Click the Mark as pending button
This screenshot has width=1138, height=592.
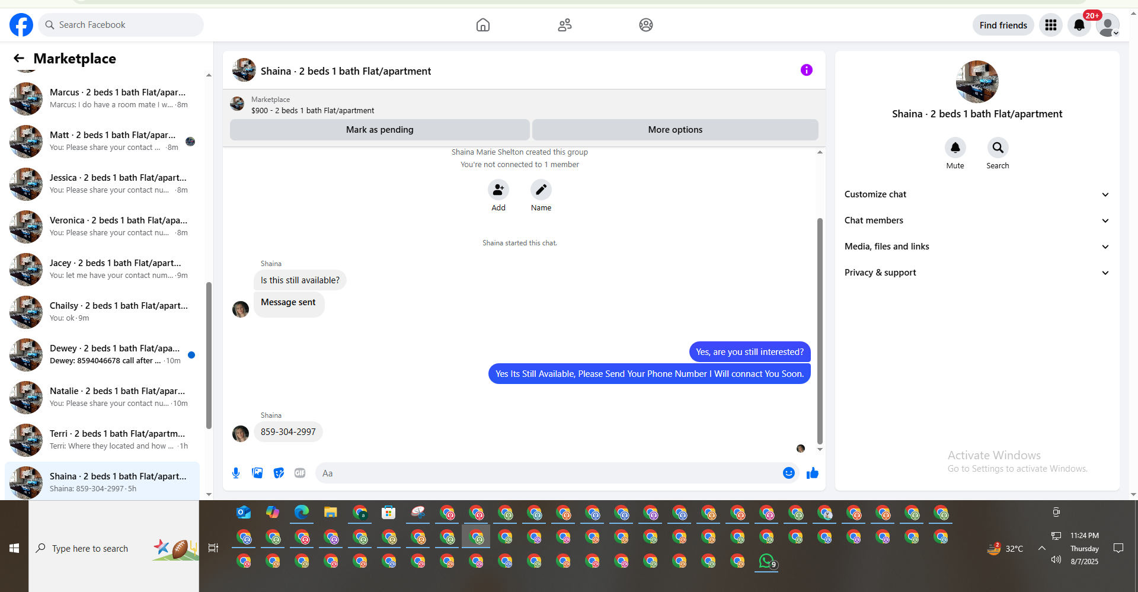[x=379, y=130]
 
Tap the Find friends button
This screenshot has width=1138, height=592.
[x=1003, y=25]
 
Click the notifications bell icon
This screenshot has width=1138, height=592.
[x=1079, y=25]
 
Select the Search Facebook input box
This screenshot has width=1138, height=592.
[x=124, y=25]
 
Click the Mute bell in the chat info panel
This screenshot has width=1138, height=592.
[x=955, y=148]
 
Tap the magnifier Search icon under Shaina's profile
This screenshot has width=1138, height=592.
[x=998, y=148]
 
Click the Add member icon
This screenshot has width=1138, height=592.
[x=498, y=190]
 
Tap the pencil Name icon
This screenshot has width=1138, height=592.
[x=541, y=190]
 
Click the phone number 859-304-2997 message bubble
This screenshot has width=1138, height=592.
[x=288, y=432]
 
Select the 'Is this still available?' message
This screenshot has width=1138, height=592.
[x=300, y=280]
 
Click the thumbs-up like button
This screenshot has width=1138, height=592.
[x=812, y=473]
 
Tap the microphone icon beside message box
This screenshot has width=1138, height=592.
[x=236, y=473]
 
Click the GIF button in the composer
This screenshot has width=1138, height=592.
[x=300, y=473]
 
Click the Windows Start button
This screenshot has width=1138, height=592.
[x=14, y=548]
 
